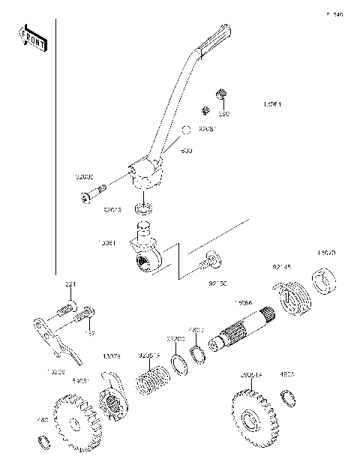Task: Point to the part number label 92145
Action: (x=282, y=267)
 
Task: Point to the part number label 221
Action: (x=70, y=284)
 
